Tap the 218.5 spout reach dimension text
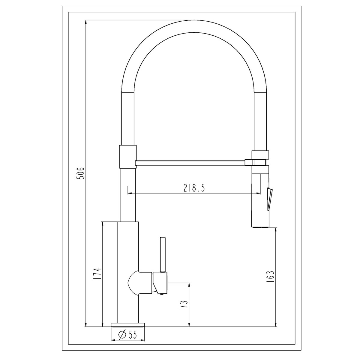(194, 188)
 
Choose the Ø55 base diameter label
(128, 342)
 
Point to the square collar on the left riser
(128, 156)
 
